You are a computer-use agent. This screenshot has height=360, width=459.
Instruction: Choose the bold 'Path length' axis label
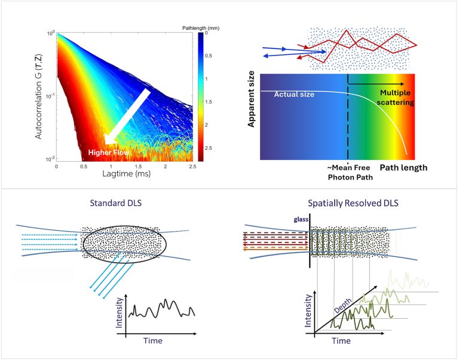405,168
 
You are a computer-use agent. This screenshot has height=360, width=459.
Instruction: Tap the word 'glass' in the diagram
301,219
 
